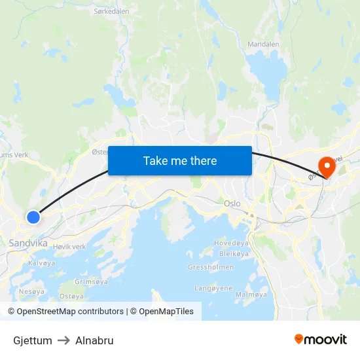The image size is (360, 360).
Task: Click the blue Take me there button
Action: click(180, 160)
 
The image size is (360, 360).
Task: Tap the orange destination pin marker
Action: click(325, 167)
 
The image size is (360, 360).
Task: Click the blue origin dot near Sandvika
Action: click(33, 216)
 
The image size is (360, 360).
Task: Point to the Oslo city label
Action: click(232, 204)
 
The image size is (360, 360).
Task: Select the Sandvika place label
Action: click(28, 243)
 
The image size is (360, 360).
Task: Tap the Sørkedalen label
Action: click(111, 11)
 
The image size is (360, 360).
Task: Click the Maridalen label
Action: click(263, 45)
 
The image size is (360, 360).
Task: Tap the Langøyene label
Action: click(213, 288)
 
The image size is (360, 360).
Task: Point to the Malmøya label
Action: click(251, 295)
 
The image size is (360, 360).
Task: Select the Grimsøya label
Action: click(91, 281)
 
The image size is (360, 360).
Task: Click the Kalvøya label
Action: click(42, 262)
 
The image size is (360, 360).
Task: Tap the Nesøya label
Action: click(31, 291)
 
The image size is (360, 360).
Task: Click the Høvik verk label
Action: click(69, 247)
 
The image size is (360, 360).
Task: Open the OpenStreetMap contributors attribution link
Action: click(70, 312)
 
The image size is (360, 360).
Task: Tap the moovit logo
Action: click(320, 340)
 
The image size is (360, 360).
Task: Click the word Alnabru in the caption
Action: click(94, 340)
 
